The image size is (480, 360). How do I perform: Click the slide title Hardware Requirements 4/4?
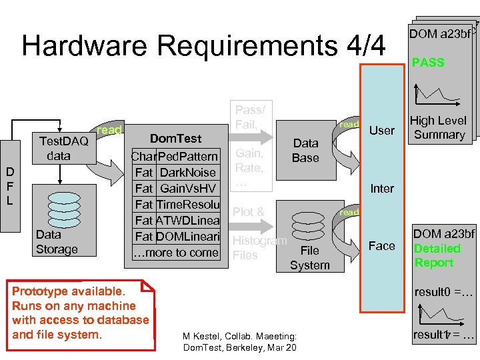(x=203, y=46)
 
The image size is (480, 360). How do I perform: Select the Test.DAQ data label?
(x=64, y=148)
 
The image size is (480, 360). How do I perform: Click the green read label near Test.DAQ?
(x=109, y=130)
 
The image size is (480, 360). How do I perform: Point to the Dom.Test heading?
(x=175, y=138)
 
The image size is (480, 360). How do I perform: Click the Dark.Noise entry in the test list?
(x=187, y=172)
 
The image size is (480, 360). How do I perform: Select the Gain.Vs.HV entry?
(x=189, y=188)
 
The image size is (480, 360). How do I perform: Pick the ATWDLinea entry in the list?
(x=187, y=220)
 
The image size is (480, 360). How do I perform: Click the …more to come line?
(x=176, y=252)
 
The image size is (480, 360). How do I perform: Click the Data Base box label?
(x=305, y=150)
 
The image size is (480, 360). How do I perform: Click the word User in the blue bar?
(x=382, y=130)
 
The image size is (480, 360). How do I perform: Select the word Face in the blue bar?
(x=382, y=245)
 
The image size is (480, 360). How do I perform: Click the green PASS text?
(x=428, y=63)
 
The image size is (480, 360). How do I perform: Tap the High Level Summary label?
(x=438, y=127)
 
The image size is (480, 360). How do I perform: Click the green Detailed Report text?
(x=437, y=255)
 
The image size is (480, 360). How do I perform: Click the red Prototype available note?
(x=80, y=313)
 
